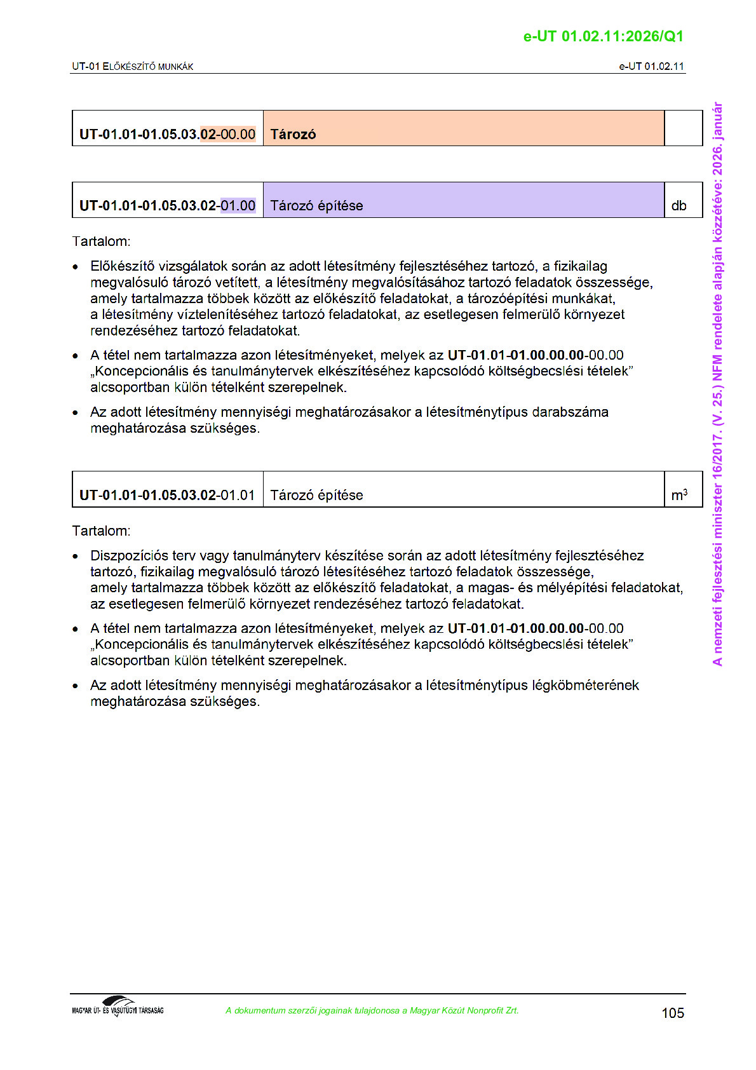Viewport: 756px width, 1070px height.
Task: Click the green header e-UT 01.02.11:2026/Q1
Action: [x=603, y=36]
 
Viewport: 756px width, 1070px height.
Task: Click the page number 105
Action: [x=672, y=1013]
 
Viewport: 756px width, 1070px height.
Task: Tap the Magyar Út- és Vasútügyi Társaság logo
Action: [x=118, y=1007]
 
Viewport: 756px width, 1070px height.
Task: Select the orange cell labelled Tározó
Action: [x=463, y=129]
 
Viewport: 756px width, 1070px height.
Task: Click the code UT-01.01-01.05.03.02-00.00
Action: [x=167, y=134]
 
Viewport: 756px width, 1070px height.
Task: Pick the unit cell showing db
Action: [x=679, y=205]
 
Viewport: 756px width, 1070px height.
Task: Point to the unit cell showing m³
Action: [x=679, y=495]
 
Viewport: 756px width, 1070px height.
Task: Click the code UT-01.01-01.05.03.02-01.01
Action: [x=167, y=495]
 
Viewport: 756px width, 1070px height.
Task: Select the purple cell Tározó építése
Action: [x=463, y=201]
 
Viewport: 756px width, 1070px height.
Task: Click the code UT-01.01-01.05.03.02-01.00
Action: [x=167, y=205]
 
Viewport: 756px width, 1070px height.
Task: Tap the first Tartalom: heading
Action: [x=101, y=241]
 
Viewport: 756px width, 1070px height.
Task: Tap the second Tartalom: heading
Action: [x=101, y=531]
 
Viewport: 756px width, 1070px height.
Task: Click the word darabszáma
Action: [x=570, y=412]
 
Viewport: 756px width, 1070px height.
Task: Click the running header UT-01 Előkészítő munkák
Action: [x=132, y=66]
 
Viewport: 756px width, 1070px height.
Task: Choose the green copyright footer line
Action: [x=372, y=1010]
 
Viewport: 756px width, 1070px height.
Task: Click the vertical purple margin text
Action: [x=717, y=384]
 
